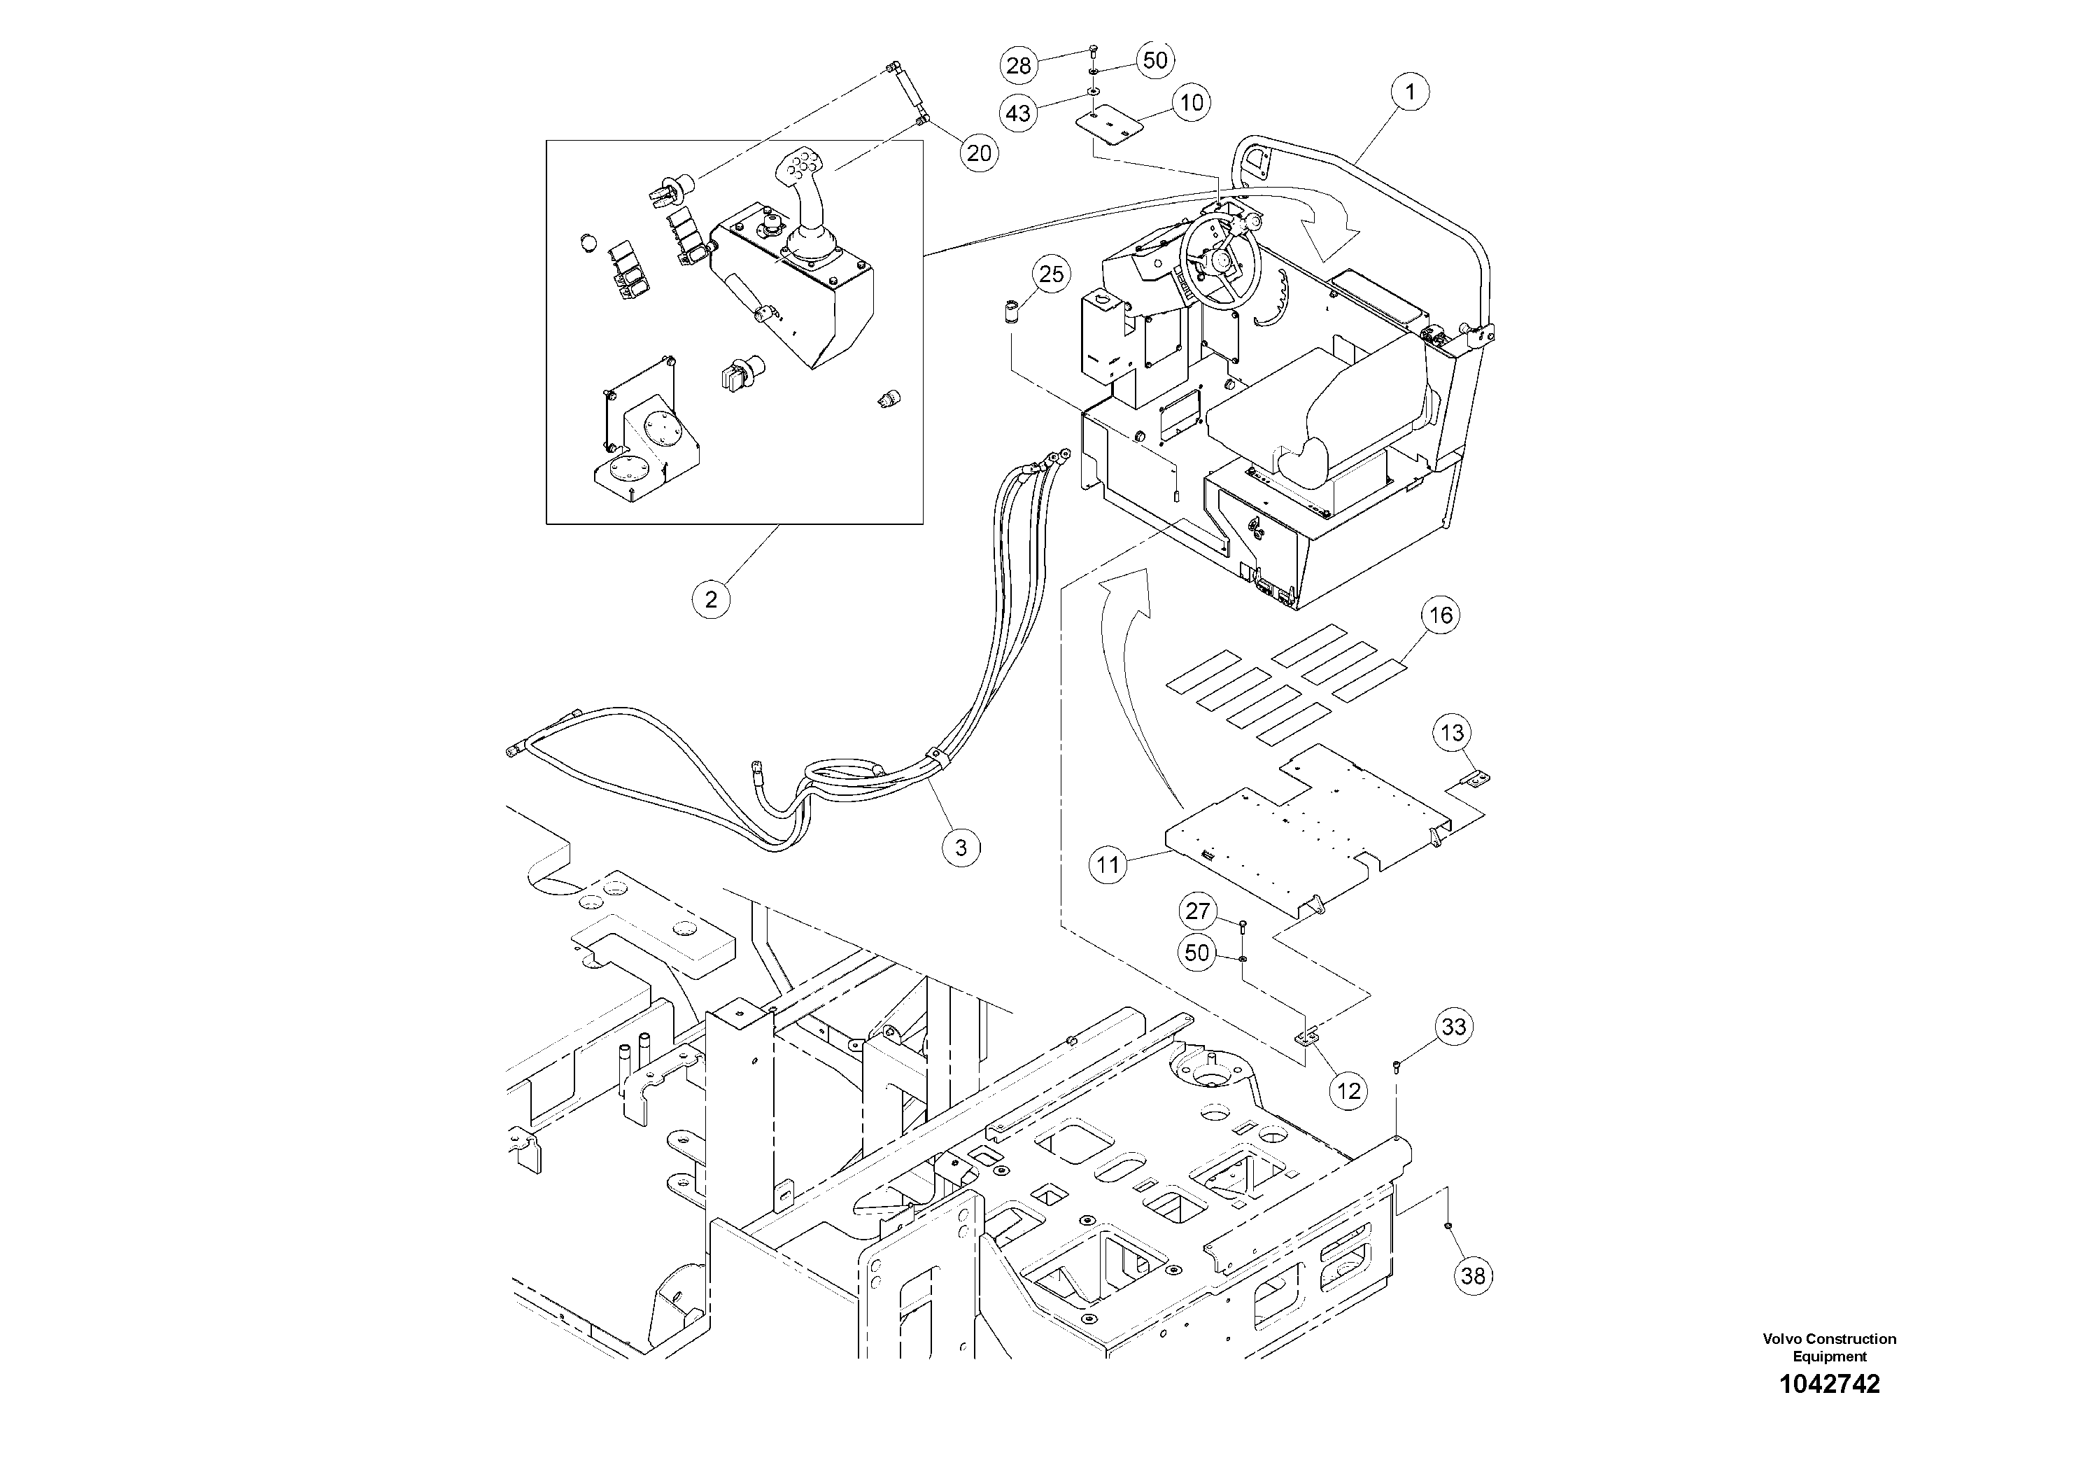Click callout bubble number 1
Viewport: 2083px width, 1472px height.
pos(1411,92)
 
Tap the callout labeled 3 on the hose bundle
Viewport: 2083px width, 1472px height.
pos(961,848)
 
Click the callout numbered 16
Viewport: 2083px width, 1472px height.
pos(1441,615)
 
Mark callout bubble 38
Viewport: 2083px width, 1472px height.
pos(1474,1276)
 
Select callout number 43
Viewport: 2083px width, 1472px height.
pos(1019,113)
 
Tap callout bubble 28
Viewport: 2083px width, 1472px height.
pos(1019,65)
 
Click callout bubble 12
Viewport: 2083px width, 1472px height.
pos(1349,1091)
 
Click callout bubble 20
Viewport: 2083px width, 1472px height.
pos(979,153)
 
